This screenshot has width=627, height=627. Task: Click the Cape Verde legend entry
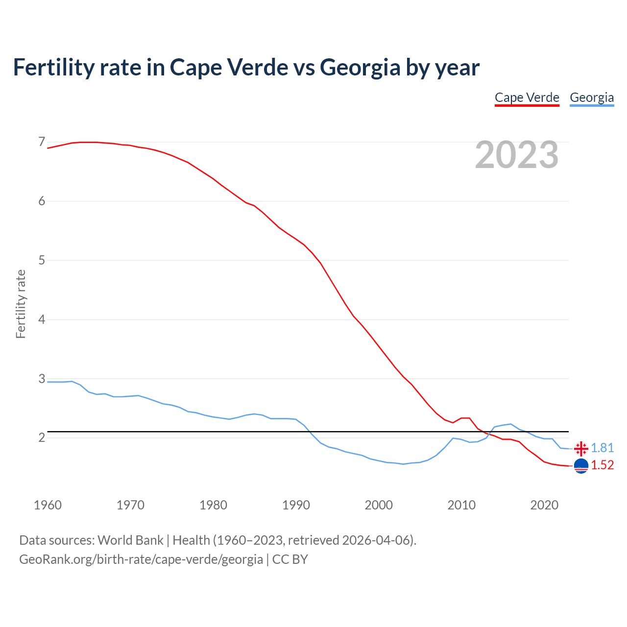(x=527, y=97)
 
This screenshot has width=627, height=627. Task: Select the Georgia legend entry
(x=591, y=97)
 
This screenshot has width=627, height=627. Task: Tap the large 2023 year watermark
(x=516, y=155)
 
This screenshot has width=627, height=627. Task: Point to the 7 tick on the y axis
(x=42, y=142)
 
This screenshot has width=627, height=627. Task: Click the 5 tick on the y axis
(x=42, y=260)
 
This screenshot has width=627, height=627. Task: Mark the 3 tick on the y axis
(x=42, y=379)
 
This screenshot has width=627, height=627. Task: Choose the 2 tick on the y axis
(x=42, y=437)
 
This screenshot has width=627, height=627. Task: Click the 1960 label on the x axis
(x=48, y=505)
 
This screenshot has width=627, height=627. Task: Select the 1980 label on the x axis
(x=213, y=505)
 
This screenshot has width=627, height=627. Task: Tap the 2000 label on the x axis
(x=379, y=505)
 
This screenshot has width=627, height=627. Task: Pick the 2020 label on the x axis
(x=544, y=505)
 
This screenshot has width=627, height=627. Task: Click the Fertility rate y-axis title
(x=21, y=304)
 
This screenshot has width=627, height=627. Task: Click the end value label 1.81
(x=602, y=448)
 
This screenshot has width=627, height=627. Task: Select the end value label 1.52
(x=602, y=465)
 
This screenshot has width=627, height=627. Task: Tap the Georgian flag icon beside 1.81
(x=581, y=448)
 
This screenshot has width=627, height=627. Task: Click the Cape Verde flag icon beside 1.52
(x=581, y=466)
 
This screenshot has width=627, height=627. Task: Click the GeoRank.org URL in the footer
(x=141, y=559)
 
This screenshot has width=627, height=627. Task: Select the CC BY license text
(x=290, y=559)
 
